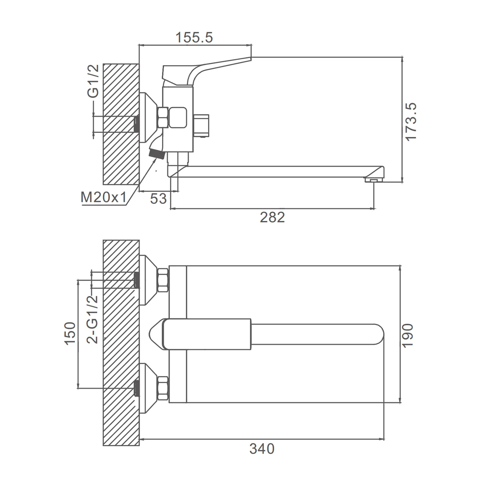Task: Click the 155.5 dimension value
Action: [194, 38]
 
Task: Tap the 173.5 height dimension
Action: [411, 122]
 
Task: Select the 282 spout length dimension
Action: [272, 217]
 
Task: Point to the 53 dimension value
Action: [158, 199]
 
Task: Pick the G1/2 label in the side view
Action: [93, 81]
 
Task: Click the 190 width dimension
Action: [408, 335]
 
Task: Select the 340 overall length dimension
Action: [262, 449]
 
